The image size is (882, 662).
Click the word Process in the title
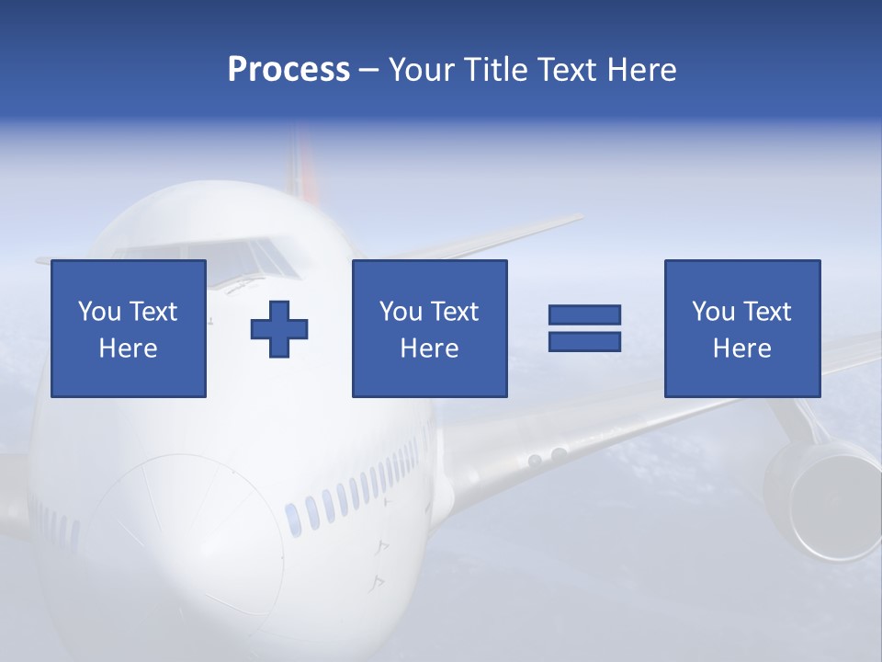pos(288,70)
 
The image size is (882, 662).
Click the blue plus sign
pos(279,328)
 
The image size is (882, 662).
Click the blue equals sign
pos(584,328)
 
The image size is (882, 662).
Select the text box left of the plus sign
pos(129,328)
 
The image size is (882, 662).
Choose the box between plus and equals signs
pos(429,328)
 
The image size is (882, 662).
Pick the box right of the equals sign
pos(742,328)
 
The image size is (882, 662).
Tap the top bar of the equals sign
pos(584,315)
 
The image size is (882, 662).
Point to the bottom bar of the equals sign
pos(584,341)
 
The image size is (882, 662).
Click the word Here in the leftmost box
pos(129,348)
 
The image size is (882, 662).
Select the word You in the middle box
pos(401,312)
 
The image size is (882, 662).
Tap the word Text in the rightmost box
pos(766,312)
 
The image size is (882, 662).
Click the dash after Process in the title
pos(369,70)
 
